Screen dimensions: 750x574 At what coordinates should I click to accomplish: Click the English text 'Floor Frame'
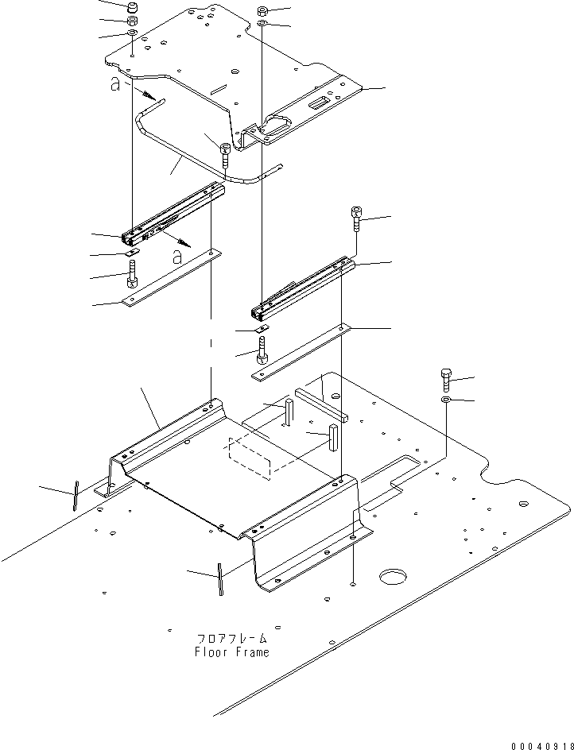click(x=231, y=652)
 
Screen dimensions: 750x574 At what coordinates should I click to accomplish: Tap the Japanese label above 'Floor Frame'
click(x=231, y=638)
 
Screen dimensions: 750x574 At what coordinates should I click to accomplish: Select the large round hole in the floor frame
click(x=394, y=574)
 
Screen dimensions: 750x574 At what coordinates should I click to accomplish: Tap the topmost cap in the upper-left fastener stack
click(x=132, y=8)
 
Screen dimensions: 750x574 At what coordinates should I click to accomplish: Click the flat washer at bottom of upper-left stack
click(x=132, y=34)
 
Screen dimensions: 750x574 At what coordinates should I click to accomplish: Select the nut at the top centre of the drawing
click(x=263, y=12)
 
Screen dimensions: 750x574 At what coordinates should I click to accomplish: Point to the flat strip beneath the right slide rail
click(x=303, y=350)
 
